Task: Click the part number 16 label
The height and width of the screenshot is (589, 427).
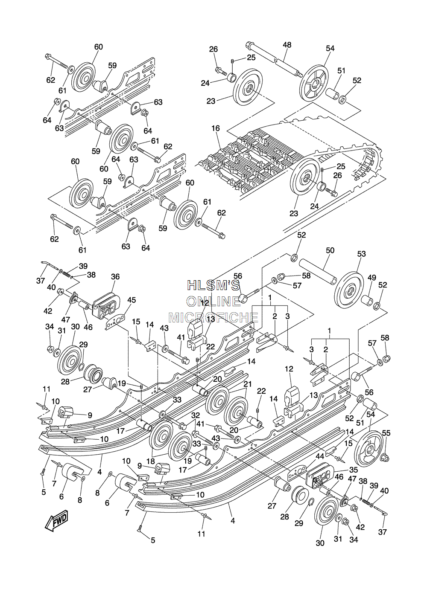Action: [216, 128]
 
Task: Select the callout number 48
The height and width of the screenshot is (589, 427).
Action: [287, 45]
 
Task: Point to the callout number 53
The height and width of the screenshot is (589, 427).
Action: [361, 254]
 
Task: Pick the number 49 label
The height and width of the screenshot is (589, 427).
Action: [372, 278]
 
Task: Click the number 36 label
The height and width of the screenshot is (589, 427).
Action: [115, 276]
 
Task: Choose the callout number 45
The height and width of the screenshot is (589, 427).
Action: [132, 300]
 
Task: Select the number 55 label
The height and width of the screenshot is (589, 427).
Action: [386, 433]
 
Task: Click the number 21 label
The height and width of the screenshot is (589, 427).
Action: [248, 384]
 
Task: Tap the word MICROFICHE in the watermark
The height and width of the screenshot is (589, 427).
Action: [213, 318]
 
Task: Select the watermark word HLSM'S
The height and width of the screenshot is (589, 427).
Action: [213, 285]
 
